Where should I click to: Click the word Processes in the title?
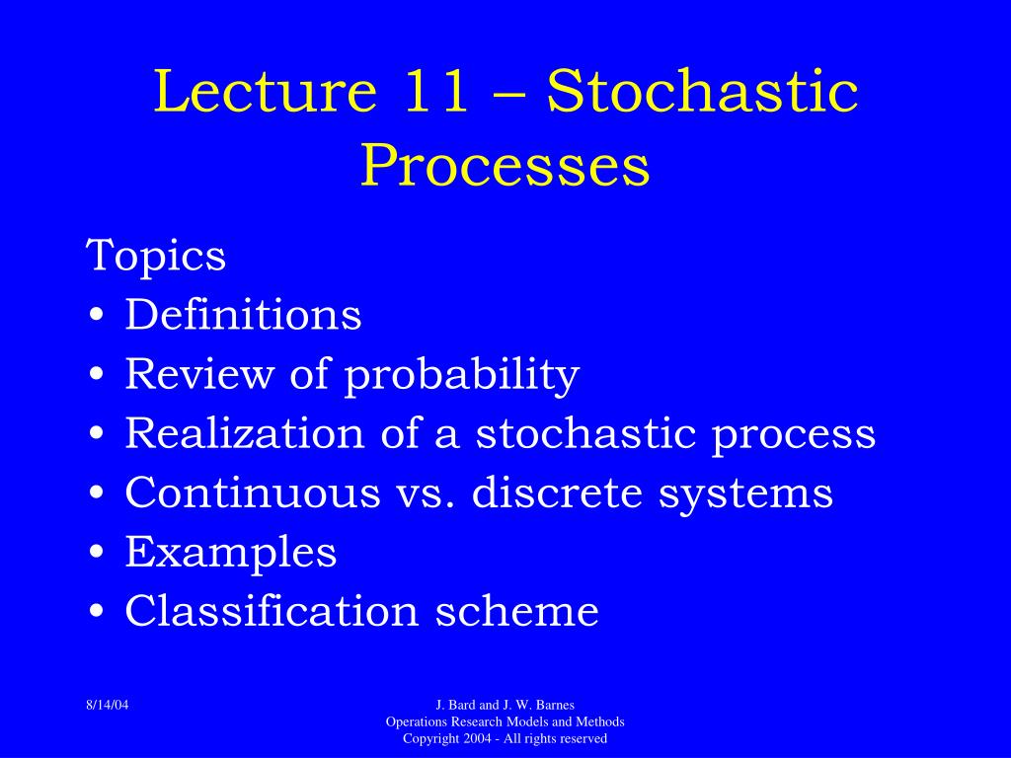point(505,166)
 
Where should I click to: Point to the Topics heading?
point(156,257)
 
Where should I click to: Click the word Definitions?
point(243,315)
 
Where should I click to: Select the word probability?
point(461,375)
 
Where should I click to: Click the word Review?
point(201,374)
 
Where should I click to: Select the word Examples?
point(231,553)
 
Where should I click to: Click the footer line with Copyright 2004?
point(505,738)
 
